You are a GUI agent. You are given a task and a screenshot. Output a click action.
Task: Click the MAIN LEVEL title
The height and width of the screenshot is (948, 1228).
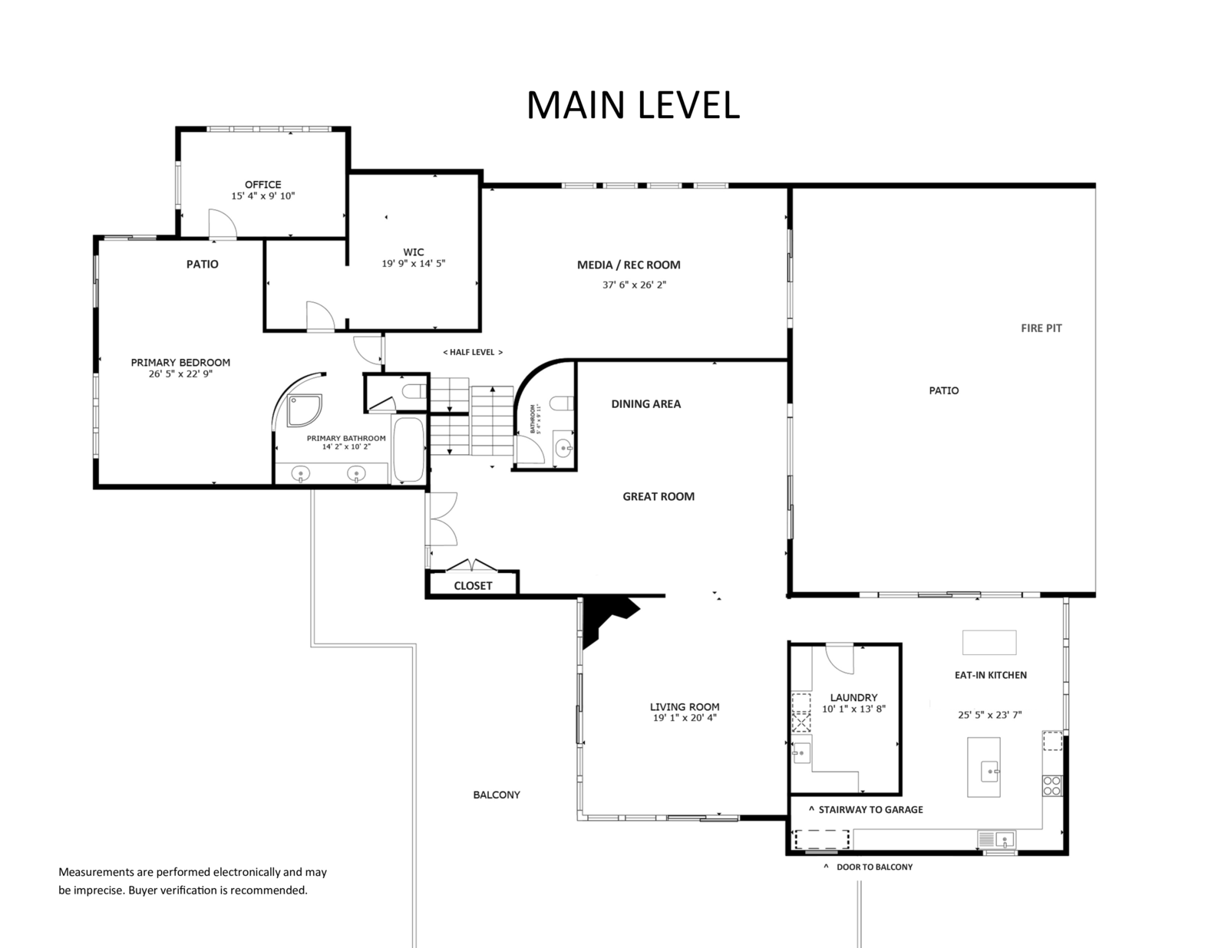pyautogui.click(x=633, y=105)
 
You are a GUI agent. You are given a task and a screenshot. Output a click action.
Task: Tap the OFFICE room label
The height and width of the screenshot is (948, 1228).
pyautogui.click(x=262, y=185)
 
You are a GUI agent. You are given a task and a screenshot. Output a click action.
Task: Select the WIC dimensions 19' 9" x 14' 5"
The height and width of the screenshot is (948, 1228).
pyautogui.click(x=414, y=263)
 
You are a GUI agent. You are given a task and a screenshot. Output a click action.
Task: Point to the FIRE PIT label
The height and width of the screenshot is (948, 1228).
pyautogui.click(x=1041, y=328)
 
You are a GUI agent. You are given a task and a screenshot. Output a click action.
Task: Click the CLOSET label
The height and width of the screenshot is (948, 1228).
pyautogui.click(x=473, y=586)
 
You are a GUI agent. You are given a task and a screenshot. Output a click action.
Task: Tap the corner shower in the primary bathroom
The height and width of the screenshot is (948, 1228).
pyautogui.click(x=304, y=410)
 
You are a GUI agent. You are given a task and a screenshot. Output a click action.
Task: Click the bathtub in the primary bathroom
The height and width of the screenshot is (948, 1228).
pyautogui.click(x=408, y=449)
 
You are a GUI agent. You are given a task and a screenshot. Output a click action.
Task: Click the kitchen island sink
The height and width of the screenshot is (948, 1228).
pyautogui.click(x=989, y=772)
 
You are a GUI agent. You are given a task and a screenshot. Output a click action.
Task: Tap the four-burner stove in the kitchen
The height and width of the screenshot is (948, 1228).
pyautogui.click(x=1052, y=785)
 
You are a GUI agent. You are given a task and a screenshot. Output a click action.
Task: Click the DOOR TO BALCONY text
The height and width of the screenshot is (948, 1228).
pyautogui.click(x=874, y=867)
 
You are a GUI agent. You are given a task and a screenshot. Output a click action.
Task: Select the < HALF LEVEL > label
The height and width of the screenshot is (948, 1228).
pyautogui.click(x=473, y=352)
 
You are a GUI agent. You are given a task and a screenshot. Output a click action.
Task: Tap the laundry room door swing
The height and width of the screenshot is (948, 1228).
pyautogui.click(x=840, y=658)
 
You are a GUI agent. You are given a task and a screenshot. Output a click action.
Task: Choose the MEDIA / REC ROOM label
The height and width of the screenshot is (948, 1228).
pyautogui.click(x=629, y=265)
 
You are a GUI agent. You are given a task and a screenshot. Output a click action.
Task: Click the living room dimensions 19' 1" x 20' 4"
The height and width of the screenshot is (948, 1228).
pyautogui.click(x=685, y=718)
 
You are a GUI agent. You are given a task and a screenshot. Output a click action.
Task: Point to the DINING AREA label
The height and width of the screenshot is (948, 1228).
pyautogui.click(x=646, y=403)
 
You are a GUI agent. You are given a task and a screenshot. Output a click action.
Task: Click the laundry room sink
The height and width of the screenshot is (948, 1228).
pyautogui.click(x=801, y=753)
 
